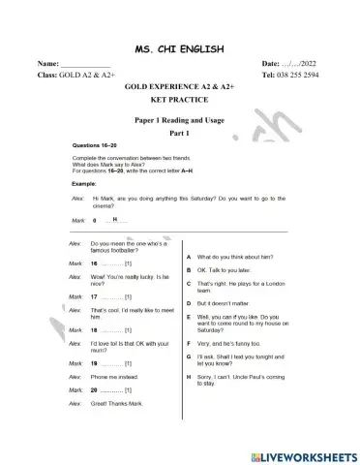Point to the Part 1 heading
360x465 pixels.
pyautogui.click(x=179, y=132)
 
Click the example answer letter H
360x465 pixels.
pyautogui.click(x=114, y=221)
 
